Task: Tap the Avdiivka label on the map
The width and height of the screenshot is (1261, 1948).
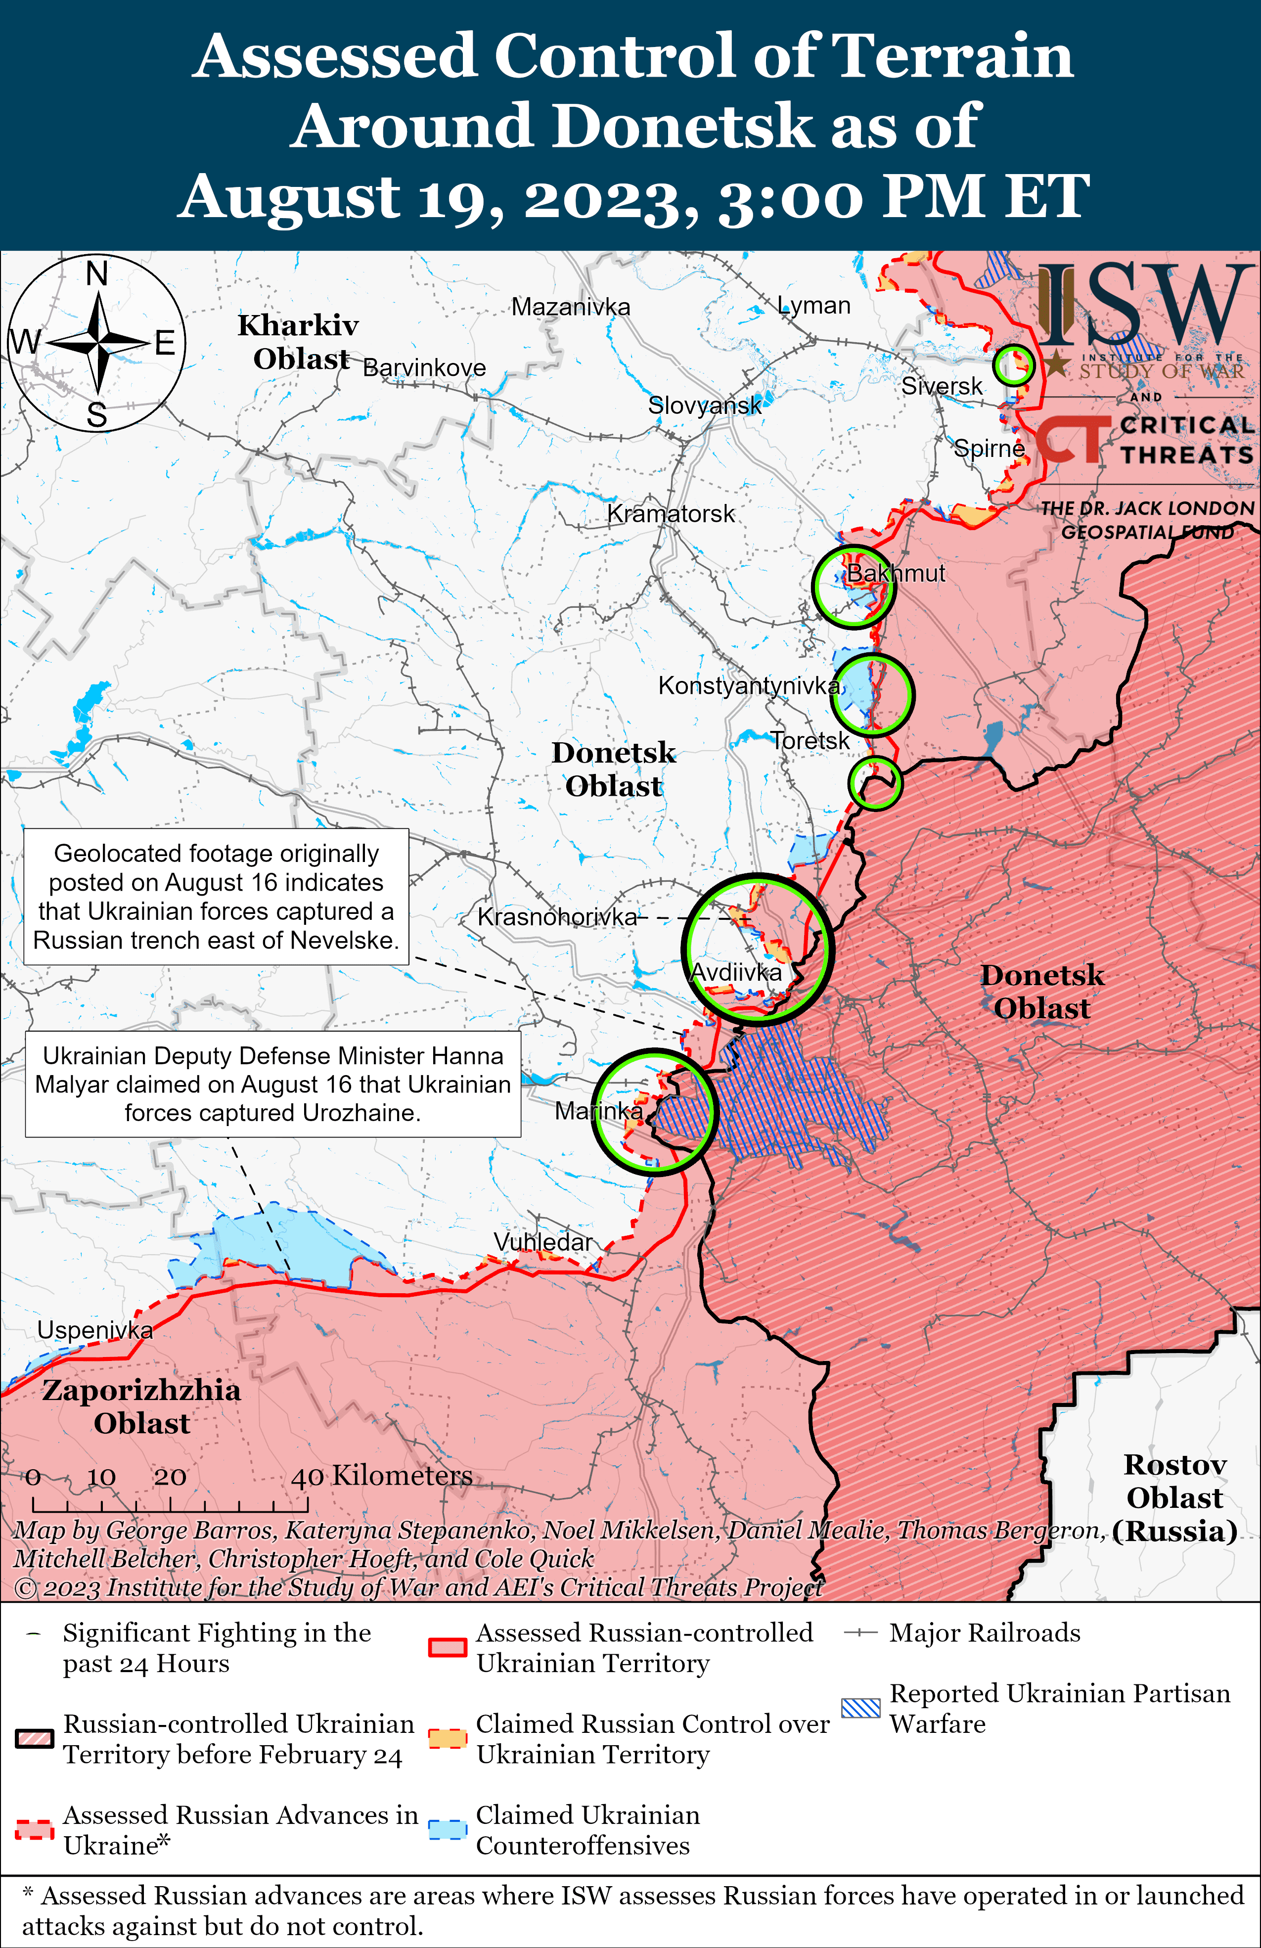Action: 736,972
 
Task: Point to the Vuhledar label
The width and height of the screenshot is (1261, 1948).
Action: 542,1242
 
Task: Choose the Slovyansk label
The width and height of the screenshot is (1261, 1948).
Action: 704,405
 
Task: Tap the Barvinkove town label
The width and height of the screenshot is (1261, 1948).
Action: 424,367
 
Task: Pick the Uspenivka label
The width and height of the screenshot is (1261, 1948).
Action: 95,1330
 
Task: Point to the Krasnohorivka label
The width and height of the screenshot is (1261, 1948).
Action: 556,917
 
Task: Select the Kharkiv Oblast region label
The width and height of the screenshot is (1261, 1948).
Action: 299,342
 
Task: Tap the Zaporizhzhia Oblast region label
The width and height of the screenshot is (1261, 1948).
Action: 141,1406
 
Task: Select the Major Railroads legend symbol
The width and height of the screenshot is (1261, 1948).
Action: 861,1633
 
